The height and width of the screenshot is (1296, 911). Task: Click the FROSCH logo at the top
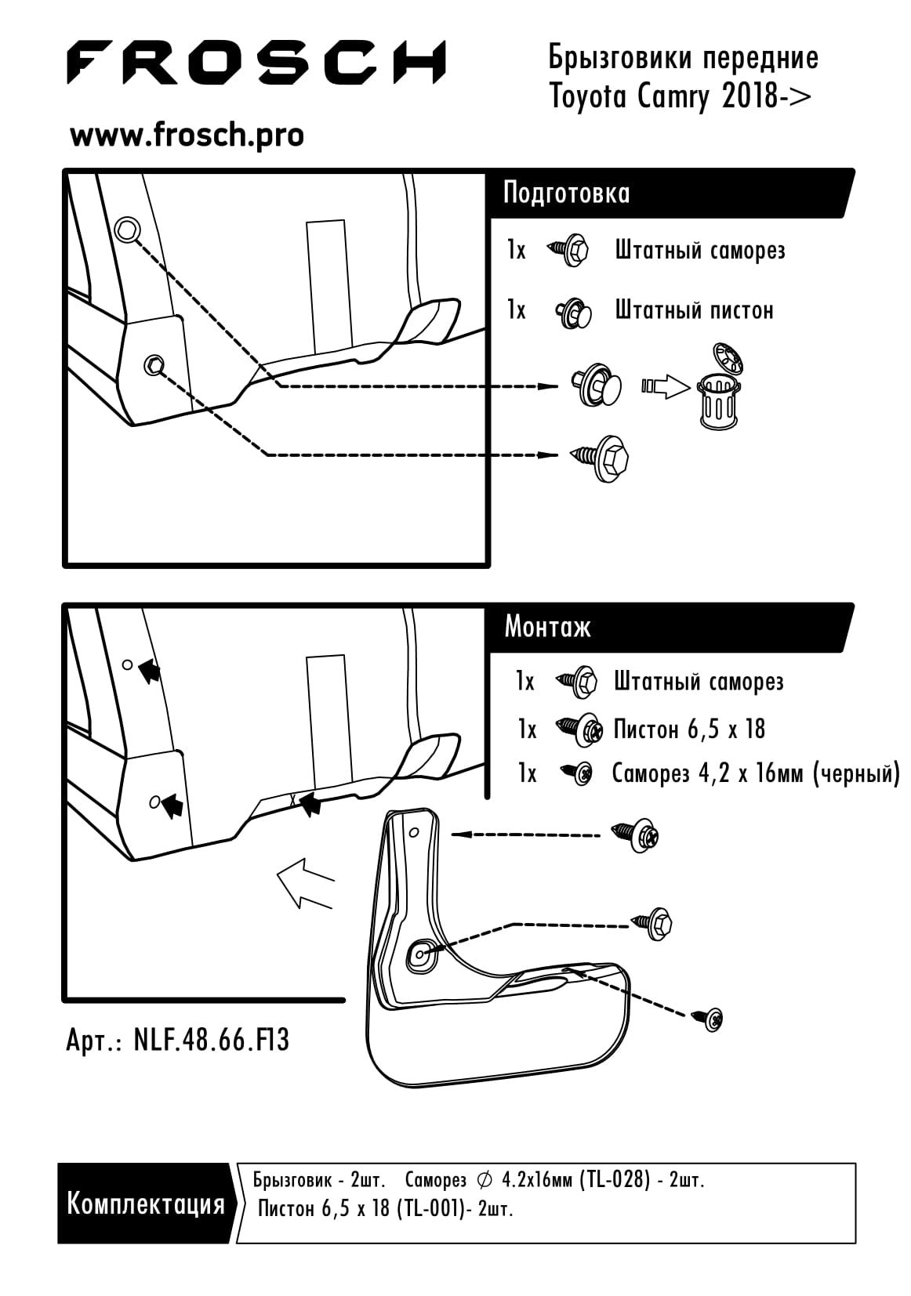click(256, 63)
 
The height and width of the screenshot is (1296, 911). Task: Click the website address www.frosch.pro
click(187, 136)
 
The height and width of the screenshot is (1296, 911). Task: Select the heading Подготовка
click(566, 193)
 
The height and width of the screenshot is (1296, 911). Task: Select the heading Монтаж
click(547, 627)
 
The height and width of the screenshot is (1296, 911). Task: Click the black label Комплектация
click(146, 1203)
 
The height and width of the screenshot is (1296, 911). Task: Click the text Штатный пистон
click(694, 310)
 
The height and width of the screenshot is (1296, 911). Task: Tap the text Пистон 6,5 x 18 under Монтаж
click(688, 729)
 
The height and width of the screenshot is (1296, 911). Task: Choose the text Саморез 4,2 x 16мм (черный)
click(755, 774)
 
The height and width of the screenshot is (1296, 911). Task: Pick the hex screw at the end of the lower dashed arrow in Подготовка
click(604, 458)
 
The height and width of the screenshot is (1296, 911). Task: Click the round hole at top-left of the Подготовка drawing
click(126, 230)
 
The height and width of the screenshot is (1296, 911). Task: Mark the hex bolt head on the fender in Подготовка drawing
click(154, 364)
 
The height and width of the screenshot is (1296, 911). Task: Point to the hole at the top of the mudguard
click(414, 831)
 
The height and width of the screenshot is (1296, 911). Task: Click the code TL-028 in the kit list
click(615, 1180)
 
